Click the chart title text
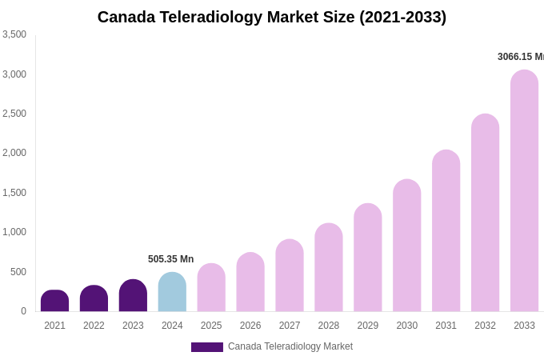tap(272, 17)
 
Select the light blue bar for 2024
tap(172, 293)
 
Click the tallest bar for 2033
tap(524, 192)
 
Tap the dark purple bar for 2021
tap(54, 302)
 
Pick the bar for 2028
tap(328, 268)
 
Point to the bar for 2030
tap(406, 246)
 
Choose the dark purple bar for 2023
tap(133, 296)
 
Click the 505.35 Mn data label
tap(170, 259)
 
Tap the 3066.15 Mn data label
tap(520, 57)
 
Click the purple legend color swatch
tap(206, 347)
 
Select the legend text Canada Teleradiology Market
tap(290, 346)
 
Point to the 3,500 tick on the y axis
tap(14, 34)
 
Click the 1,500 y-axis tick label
tap(14, 193)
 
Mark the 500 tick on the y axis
tap(18, 272)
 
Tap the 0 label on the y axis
tap(23, 311)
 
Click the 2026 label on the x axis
tap(250, 326)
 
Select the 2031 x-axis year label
tap(446, 326)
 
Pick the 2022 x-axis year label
tap(94, 326)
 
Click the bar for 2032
tap(485, 214)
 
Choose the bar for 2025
tap(211, 288)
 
